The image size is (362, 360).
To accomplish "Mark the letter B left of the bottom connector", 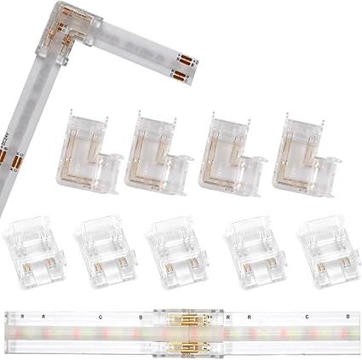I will coord(141,317).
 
